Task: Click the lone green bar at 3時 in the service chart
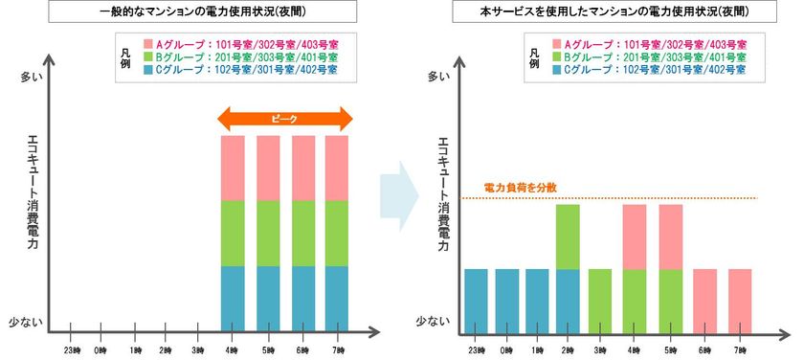point(601,299)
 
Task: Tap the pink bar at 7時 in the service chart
point(740,299)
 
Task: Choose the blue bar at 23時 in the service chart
point(477,299)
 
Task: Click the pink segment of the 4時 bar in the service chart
point(636,236)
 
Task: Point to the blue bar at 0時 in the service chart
point(507,299)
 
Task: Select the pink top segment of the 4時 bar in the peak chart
point(234,168)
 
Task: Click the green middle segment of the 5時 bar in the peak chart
point(268,233)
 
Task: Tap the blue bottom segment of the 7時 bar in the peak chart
point(337,297)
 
